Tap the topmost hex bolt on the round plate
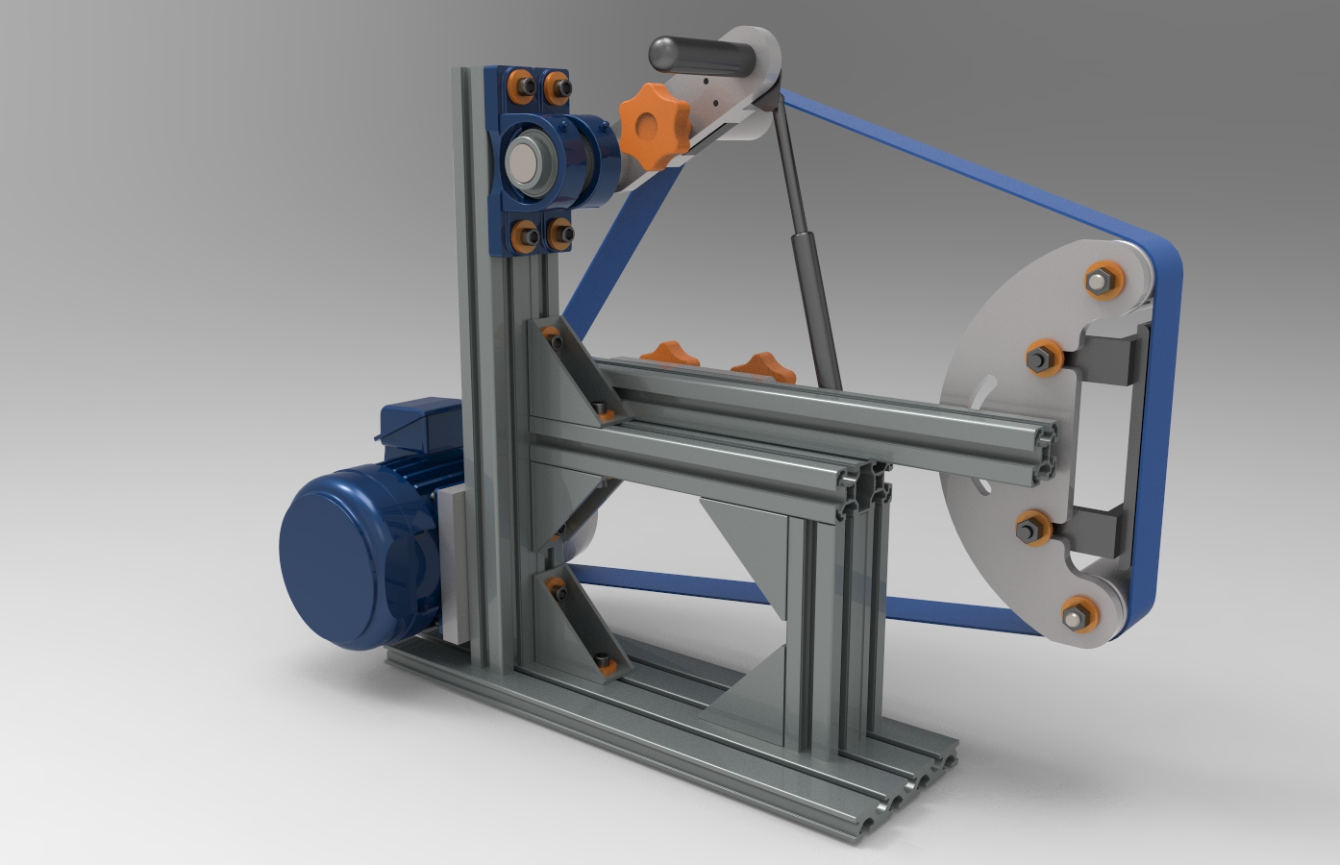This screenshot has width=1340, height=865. (x=1102, y=281)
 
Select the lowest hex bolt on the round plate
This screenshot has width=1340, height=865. (x=1079, y=613)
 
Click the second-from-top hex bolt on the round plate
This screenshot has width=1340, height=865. (x=1043, y=358)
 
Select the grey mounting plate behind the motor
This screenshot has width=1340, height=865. (x=452, y=557)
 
